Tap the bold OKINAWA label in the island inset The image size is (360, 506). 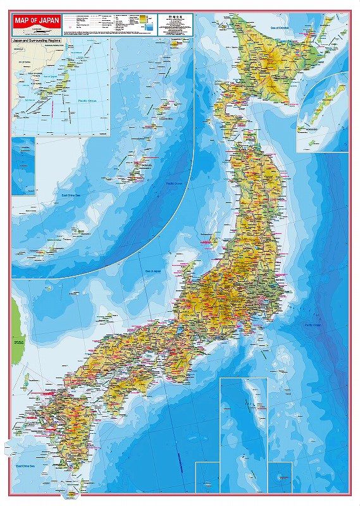147,166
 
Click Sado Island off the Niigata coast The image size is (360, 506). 213,240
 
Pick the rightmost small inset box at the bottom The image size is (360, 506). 279,478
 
